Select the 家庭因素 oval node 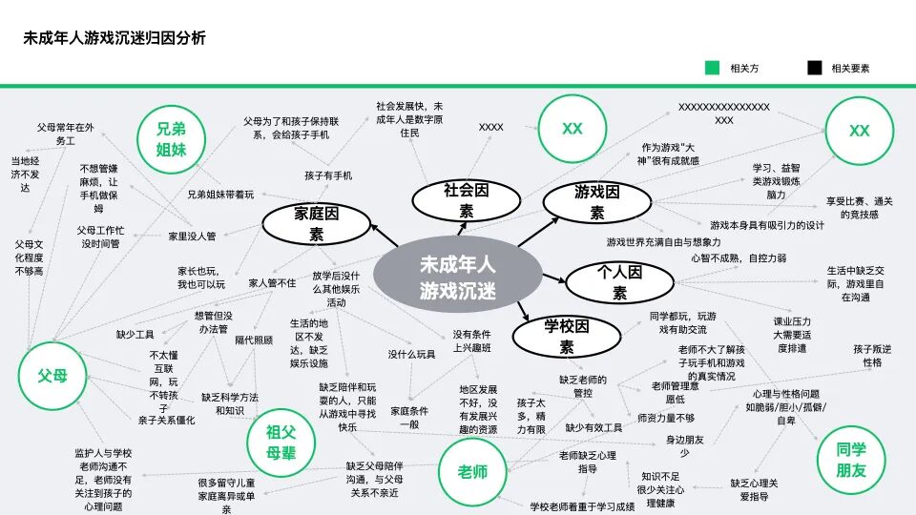click(316, 225)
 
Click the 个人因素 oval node click(619, 282)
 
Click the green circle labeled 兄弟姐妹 click(172, 138)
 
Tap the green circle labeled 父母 click(53, 376)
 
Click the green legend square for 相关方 click(712, 68)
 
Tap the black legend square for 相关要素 click(814, 68)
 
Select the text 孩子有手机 click(328, 175)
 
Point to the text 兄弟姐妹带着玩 click(220, 195)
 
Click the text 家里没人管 click(193, 236)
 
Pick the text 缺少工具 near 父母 click(135, 335)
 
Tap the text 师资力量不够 click(666, 418)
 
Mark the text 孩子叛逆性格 click(872, 356)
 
